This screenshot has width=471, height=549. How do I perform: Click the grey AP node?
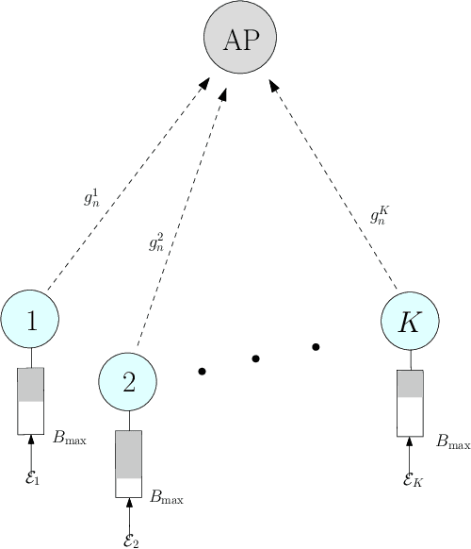click(240, 39)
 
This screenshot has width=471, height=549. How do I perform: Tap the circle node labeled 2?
click(128, 380)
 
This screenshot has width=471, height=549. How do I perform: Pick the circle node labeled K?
click(410, 321)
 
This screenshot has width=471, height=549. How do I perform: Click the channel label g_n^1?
click(92, 199)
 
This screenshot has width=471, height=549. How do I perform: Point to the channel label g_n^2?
click(156, 242)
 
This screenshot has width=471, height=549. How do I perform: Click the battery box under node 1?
click(31, 401)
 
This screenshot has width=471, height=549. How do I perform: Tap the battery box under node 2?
click(128, 463)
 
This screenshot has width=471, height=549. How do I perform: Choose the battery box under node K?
click(410, 403)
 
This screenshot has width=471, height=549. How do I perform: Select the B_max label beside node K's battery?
click(453, 441)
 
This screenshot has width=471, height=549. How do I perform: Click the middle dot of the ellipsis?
click(257, 358)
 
